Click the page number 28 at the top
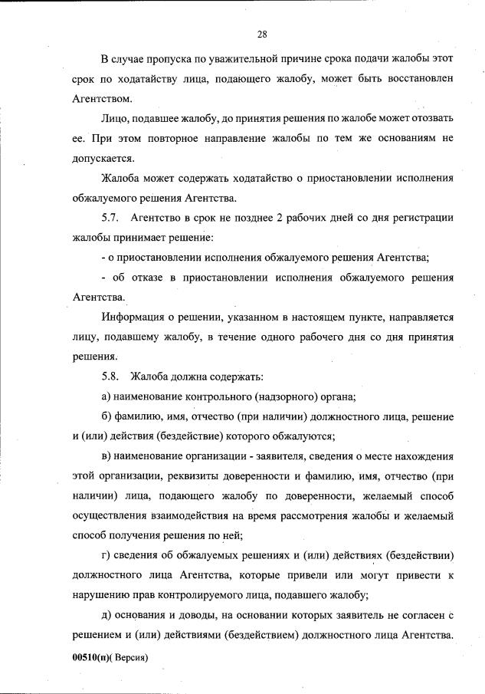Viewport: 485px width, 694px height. click(x=261, y=34)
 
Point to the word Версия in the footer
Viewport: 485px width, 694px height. click(x=128, y=658)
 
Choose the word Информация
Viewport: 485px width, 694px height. click(x=138, y=317)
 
